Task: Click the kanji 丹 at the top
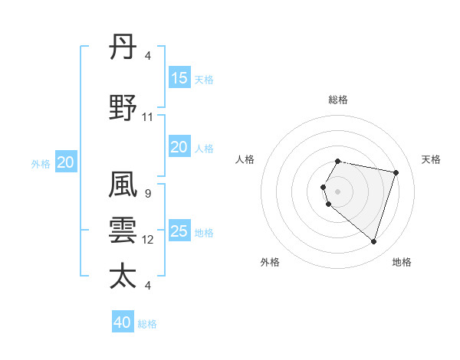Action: (123, 48)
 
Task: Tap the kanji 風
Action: (123, 186)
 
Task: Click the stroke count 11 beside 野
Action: (148, 117)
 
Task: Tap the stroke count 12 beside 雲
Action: (148, 240)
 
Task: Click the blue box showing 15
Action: (179, 78)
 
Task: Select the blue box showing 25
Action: (179, 231)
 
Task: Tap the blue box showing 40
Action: (123, 322)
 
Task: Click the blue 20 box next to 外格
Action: (66, 162)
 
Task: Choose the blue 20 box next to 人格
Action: (179, 147)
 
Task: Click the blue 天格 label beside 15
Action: (204, 80)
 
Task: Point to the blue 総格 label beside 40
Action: (147, 324)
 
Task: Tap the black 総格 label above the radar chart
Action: (338, 100)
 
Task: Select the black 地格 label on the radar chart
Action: (402, 262)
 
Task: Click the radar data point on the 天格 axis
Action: (396, 172)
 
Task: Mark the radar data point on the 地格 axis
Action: (373, 241)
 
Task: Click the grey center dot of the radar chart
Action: (338, 191)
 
